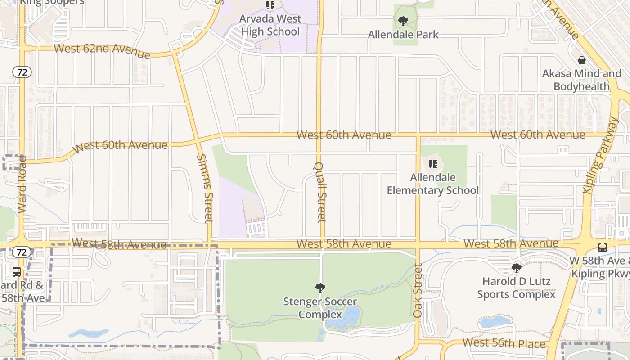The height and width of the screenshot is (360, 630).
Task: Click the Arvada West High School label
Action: (x=270, y=25)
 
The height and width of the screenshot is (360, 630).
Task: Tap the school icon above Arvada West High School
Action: (x=270, y=5)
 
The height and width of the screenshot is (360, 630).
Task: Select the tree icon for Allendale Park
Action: (x=403, y=21)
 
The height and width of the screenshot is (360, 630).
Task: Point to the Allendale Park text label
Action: (x=403, y=35)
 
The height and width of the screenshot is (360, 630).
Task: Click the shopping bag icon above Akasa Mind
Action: (x=582, y=60)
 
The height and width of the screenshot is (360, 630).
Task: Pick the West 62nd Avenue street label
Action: (x=102, y=50)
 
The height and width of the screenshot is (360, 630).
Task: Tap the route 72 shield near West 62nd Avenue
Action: (x=22, y=72)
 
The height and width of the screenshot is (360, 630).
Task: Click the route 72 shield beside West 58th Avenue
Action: (x=22, y=252)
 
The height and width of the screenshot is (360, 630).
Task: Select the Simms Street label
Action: (x=205, y=189)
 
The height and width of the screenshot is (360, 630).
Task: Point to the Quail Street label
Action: (x=320, y=192)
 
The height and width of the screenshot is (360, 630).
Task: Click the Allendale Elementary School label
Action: (x=433, y=184)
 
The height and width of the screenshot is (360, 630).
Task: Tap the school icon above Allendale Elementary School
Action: (x=433, y=164)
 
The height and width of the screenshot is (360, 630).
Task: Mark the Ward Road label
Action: (x=22, y=184)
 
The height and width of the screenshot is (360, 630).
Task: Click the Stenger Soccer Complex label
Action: (x=320, y=308)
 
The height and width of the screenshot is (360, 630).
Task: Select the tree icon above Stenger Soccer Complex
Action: (x=320, y=288)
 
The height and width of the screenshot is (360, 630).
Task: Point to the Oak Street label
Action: (x=418, y=291)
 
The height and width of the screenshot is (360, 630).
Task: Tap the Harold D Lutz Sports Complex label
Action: (x=516, y=288)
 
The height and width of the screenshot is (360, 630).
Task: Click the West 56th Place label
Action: (x=504, y=343)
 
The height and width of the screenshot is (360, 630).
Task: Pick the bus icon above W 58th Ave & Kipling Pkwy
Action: (x=602, y=247)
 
